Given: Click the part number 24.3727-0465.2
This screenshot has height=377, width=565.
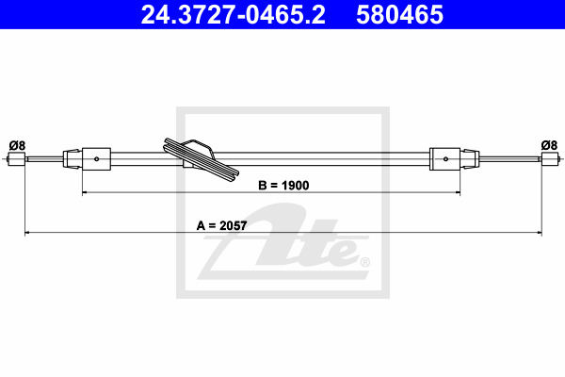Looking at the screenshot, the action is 233,15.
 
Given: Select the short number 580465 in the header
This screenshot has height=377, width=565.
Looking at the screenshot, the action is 399,15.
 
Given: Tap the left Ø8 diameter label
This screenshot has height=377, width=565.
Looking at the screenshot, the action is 17,146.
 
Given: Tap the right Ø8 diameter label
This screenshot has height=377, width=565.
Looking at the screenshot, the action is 549,145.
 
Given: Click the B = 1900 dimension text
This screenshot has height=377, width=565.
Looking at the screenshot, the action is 283,186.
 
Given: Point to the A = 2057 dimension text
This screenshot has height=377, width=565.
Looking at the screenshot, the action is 221,226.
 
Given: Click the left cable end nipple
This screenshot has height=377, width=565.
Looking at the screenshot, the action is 16,159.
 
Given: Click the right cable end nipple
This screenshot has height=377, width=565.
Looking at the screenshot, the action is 551,158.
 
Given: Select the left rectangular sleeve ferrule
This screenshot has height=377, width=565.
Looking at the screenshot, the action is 96,158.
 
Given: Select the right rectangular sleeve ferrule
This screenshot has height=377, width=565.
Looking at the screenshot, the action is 445,158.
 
